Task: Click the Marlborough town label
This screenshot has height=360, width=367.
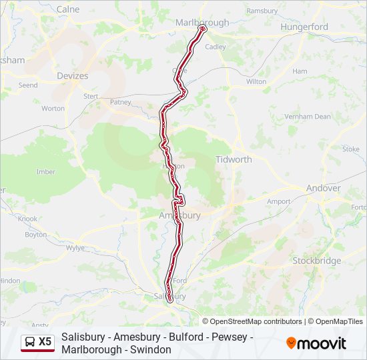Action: pos(202,22)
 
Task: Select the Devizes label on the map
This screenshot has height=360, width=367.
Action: pos(73,76)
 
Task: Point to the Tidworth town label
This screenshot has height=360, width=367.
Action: pos(234,159)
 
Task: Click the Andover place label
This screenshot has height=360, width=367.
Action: pos(323,188)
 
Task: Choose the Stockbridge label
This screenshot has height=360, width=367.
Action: pos(316,261)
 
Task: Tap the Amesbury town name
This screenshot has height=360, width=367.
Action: pos(179,215)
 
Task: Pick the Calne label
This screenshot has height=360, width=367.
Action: pos(68,9)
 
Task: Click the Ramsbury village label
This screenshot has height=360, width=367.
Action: pos(262,11)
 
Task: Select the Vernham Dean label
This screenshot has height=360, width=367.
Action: pos(307,116)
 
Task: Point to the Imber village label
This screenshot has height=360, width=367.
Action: pos(45,171)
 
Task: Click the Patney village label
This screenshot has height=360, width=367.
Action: pos(121,102)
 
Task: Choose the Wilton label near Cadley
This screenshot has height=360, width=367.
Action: pos(256,81)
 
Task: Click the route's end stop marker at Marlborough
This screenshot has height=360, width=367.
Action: pos(203,29)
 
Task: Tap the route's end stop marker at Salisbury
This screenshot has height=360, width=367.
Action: pos(170,300)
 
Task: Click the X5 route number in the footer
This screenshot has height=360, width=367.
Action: pos(45,341)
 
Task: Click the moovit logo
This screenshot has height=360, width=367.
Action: pos(316,343)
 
